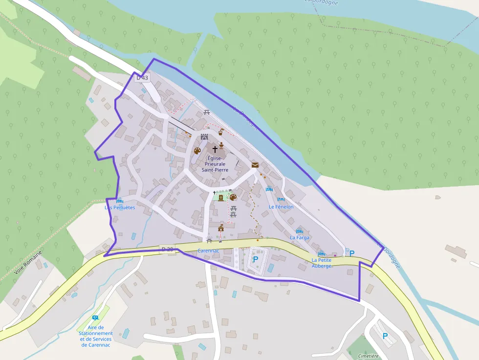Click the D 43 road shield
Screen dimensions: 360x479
tap(142, 78)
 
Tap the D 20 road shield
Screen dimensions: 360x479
tap(167, 250)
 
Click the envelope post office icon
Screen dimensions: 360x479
tap(255, 165)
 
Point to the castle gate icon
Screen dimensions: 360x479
tap(204, 137)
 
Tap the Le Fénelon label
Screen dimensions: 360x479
tap(281, 207)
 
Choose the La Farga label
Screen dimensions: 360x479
tap(300, 237)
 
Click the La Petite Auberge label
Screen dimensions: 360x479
tap(322, 263)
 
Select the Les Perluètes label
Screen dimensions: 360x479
tap(120, 207)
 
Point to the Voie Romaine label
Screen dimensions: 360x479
tap(29, 264)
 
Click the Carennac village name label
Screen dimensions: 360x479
tap(208, 251)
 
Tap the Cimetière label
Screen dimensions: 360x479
tap(368, 356)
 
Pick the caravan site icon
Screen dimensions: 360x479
tap(95, 318)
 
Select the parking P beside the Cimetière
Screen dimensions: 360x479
tap(385, 336)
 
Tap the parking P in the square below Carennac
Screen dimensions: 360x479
tap(255, 259)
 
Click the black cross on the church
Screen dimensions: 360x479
tap(215, 148)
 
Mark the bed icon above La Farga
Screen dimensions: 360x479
tap(300, 231)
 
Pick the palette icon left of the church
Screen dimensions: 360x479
tap(197, 151)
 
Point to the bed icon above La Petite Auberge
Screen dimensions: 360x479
tap(321, 254)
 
